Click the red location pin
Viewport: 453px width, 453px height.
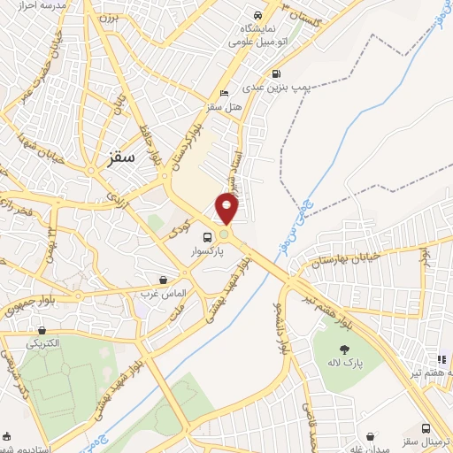point(227,208)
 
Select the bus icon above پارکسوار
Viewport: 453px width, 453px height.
point(207,237)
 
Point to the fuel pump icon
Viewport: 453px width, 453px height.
point(277,74)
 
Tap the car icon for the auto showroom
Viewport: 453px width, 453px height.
point(257,16)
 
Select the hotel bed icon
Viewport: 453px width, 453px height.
point(224,94)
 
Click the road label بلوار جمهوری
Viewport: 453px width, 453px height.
point(27,305)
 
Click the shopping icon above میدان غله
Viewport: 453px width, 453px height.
point(372,437)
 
